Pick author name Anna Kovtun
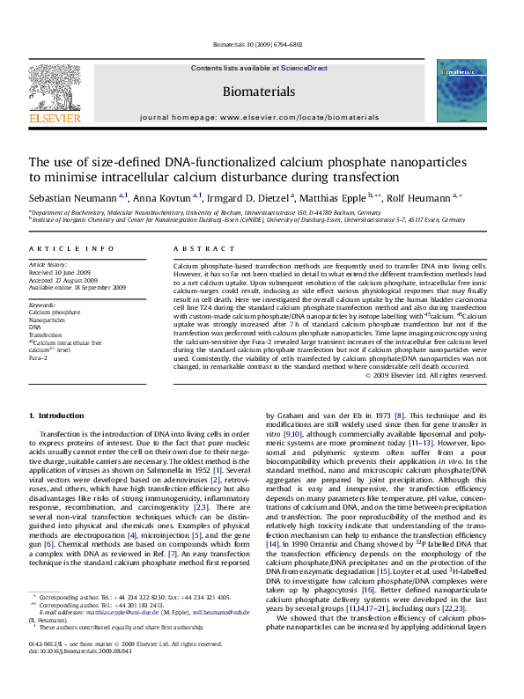pos(133,198)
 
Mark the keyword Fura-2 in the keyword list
pos(39,359)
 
